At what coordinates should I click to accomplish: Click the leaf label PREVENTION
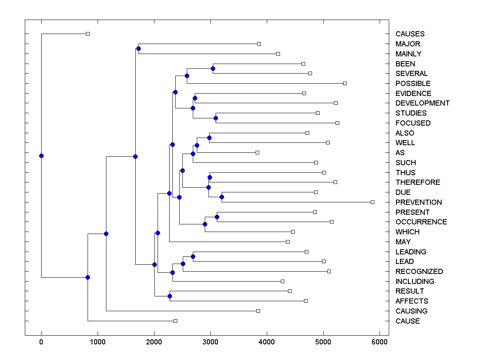click(418, 202)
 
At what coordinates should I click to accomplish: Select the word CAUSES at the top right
click(410, 34)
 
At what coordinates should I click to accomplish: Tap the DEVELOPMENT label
click(422, 103)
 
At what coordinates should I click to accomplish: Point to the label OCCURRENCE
click(421, 222)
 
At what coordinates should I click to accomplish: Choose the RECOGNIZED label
click(419, 272)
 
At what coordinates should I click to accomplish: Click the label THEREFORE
click(418, 182)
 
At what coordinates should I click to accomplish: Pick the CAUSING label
click(411, 311)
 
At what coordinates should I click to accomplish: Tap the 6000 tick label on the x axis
click(379, 342)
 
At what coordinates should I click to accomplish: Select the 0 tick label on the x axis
click(41, 342)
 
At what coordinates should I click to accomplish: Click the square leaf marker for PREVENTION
click(372, 202)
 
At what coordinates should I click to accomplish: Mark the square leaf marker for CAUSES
click(88, 34)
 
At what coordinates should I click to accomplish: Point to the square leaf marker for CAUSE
click(175, 321)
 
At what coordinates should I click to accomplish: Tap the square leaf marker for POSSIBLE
click(345, 83)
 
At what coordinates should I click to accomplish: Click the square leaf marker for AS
click(257, 152)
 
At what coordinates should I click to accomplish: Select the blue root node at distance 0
click(41, 156)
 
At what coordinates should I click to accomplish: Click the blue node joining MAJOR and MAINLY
click(138, 49)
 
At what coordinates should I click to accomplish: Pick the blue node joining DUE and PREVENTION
click(222, 197)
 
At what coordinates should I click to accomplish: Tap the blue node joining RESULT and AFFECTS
click(170, 296)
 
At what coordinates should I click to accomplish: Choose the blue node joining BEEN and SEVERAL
click(213, 69)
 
